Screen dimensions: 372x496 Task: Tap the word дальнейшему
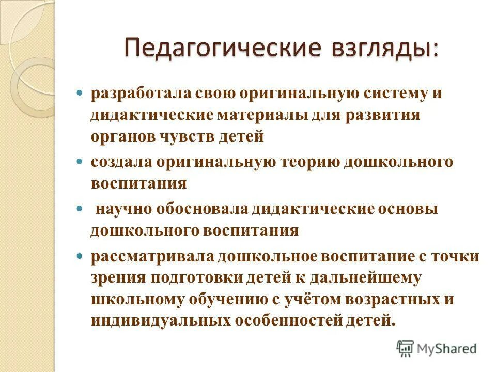(x=370, y=277)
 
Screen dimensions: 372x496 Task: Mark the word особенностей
(x=286, y=320)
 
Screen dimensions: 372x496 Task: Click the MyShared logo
(x=436, y=348)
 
